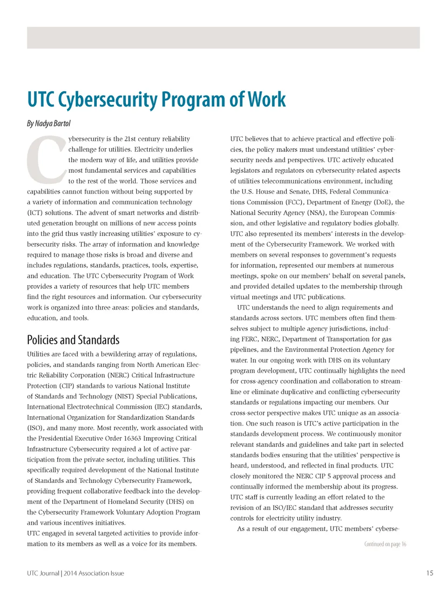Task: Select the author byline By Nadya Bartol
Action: point(49,123)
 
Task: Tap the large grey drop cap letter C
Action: point(46,160)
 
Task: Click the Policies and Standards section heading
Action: point(73,340)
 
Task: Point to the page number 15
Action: point(429,573)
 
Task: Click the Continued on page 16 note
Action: point(385,544)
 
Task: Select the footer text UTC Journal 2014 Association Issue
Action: point(75,573)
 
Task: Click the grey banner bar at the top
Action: point(223,38)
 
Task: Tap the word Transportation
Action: point(347,339)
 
